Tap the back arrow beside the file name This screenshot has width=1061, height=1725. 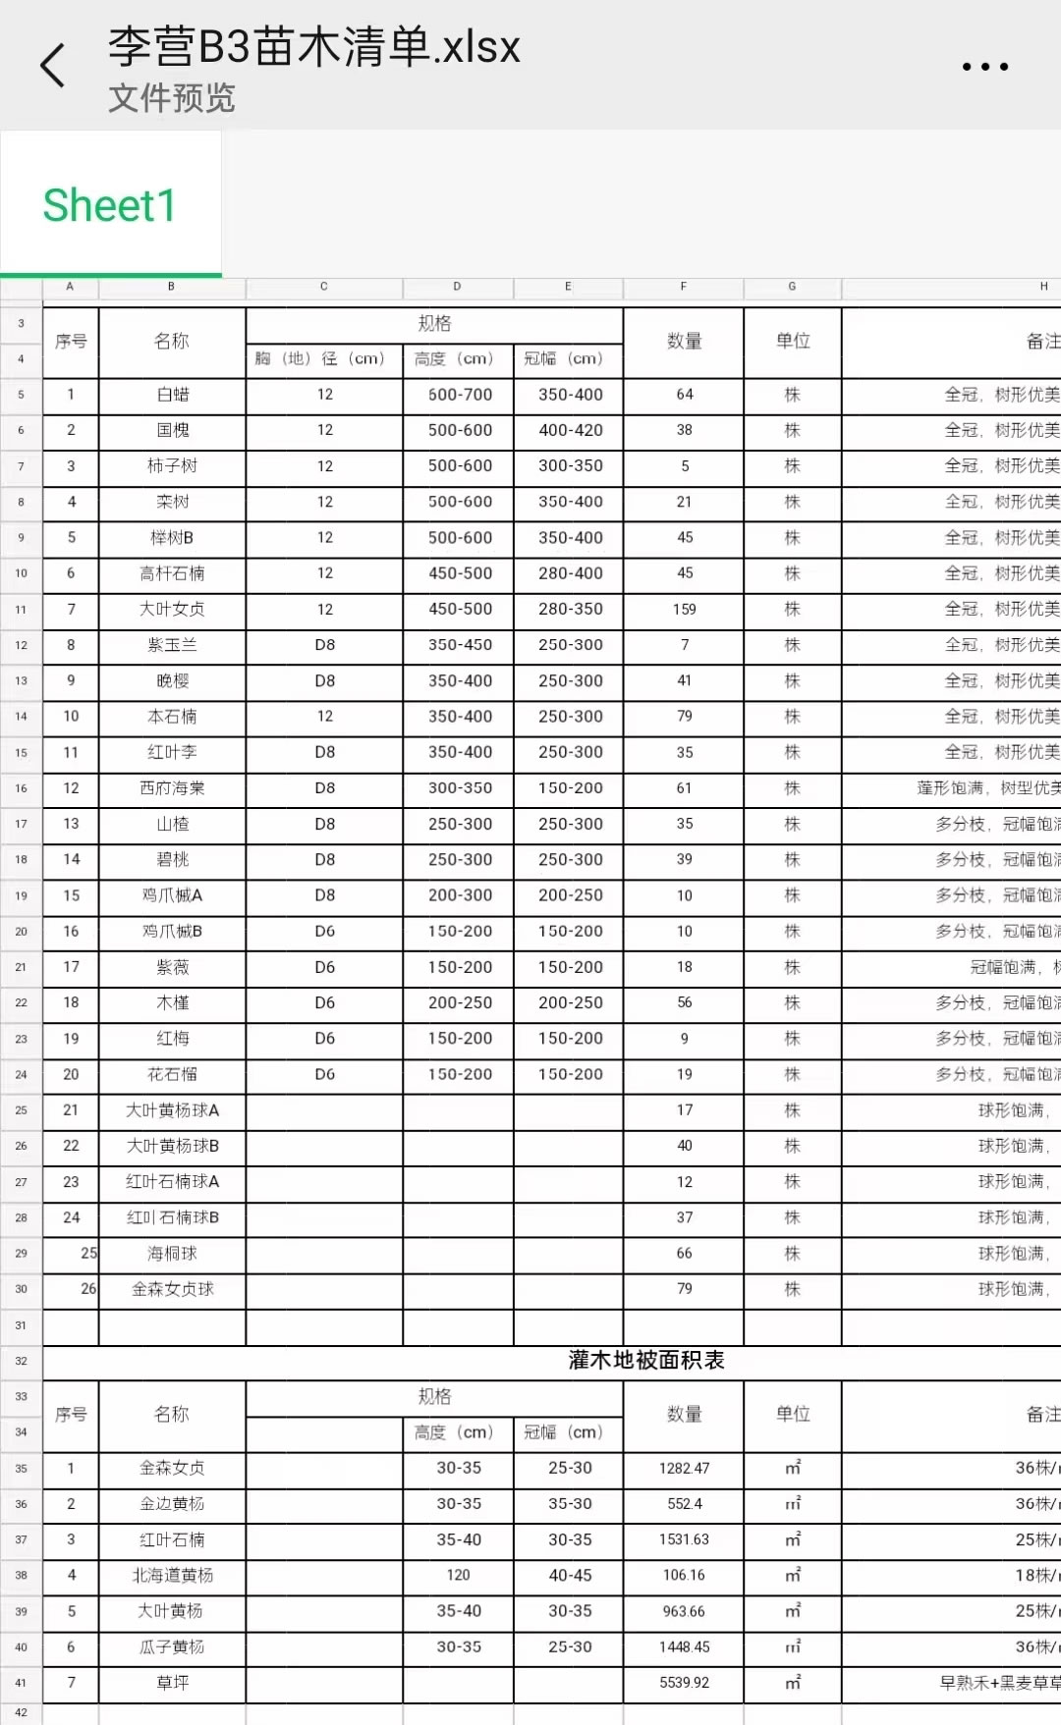pyautogui.click(x=53, y=66)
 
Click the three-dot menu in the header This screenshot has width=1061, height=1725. pyautogui.click(x=984, y=67)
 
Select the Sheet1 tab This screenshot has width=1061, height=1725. pyautogui.click(x=109, y=206)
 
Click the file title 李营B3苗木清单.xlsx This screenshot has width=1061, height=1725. pyautogui.click(x=313, y=46)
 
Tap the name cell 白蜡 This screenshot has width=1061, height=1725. pyautogui.click(x=173, y=395)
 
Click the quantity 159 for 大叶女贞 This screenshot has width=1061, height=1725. pyautogui.click(x=685, y=610)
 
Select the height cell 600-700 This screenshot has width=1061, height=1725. pyautogui.click(x=460, y=395)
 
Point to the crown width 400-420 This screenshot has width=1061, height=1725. pyautogui.click(x=570, y=430)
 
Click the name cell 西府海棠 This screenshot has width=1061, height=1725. pyautogui.click(x=173, y=788)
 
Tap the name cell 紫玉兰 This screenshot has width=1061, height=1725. pyautogui.click(x=173, y=645)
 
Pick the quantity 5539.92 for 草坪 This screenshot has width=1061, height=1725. pyautogui.click(x=685, y=1683)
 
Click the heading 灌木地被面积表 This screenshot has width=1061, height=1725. pyautogui.click(x=646, y=1361)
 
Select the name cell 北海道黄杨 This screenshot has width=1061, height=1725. pyautogui.click(x=173, y=1576)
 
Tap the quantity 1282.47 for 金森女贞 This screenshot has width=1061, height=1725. pyautogui.click(x=685, y=1469)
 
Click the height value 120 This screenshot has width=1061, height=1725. pyautogui.click(x=459, y=1576)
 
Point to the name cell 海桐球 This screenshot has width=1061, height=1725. pyautogui.click(x=173, y=1254)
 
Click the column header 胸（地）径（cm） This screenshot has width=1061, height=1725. pyautogui.click(x=324, y=359)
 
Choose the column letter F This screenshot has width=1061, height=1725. pyautogui.click(x=684, y=287)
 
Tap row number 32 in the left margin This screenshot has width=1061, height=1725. pyautogui.click(x=21, y=1362)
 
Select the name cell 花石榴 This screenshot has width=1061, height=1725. pyautogui.click(x=173, y=1075)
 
